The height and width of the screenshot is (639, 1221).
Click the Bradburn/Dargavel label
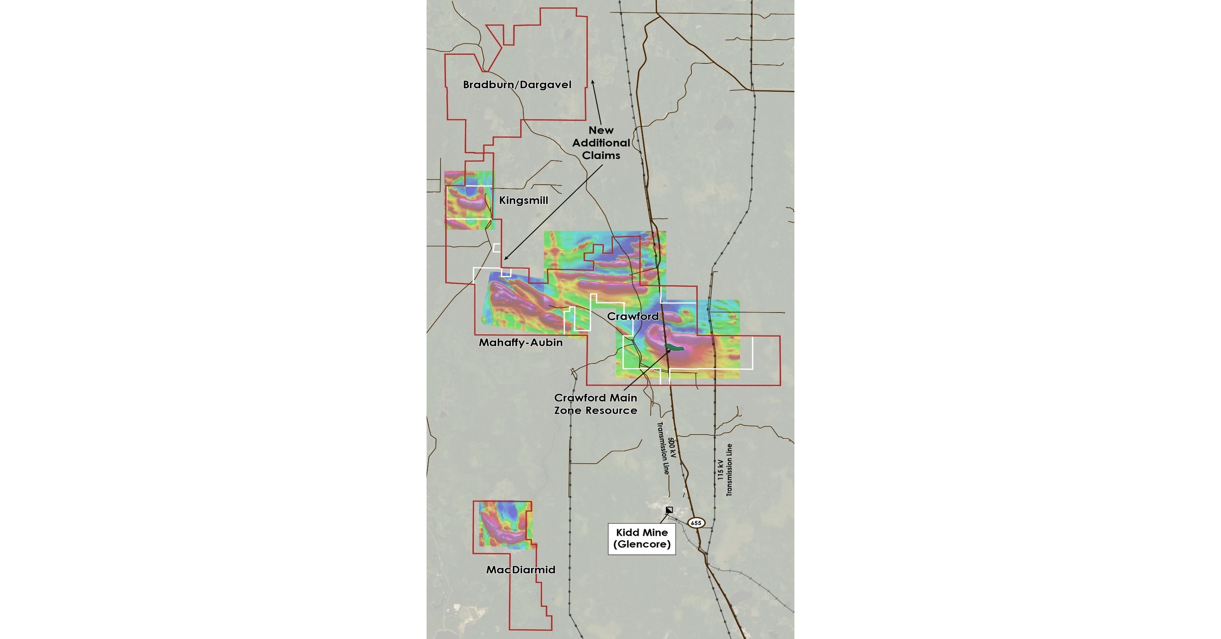click(x=517, y=85)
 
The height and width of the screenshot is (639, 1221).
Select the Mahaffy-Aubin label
click(x=520, y=342)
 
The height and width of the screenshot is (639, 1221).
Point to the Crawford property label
click(x=633, y=316)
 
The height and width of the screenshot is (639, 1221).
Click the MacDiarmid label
click(x=520, y=570)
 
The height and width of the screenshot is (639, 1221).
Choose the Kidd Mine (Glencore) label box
click(x=642, y=539)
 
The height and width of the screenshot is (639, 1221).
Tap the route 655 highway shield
click(x=696, y=523)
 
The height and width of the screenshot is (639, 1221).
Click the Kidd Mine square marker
click(x=669, y=510)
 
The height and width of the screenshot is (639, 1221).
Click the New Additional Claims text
click(x=601, y=143)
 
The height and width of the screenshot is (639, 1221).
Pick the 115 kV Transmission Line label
click(x=725, y=470)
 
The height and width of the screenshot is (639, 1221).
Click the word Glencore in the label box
click(x=642, y=544)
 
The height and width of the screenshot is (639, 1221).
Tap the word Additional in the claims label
click(x=601, y=143)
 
